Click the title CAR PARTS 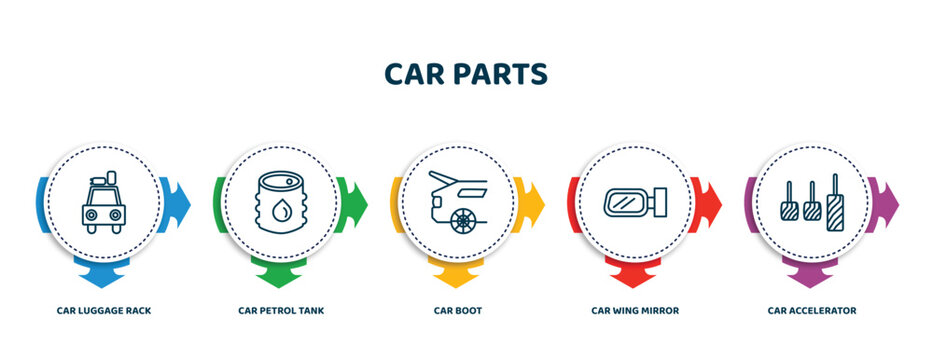466,74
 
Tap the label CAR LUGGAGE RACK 104,311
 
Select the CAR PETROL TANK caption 281,311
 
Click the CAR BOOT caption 458,311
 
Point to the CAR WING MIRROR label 635,311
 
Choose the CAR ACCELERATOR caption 812,311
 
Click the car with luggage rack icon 104,202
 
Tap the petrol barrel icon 281,202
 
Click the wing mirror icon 635,203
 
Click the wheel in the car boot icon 462,220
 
